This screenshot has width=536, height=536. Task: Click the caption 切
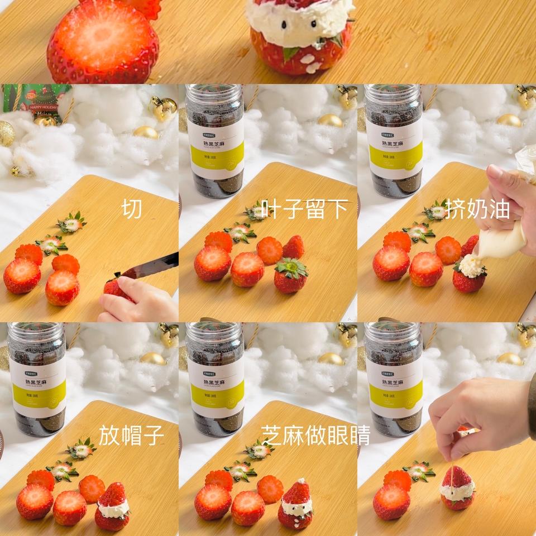click(x=131, y=209)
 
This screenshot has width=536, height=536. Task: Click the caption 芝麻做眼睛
click(x=315, y=435)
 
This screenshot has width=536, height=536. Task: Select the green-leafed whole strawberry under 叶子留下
click(x=290, y=276)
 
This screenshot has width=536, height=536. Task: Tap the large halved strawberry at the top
click(x=102, y=42)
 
